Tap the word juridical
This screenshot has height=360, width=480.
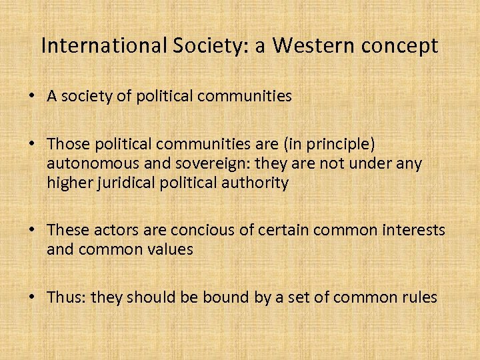(x=123, y=183)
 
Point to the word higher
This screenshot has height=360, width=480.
(x=67, y=183)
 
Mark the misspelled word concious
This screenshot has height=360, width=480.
(x=199, y=231)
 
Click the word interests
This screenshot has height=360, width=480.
(x=412, y=231)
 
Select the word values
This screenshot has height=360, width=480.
(x=171, y=249)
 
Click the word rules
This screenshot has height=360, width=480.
(x=418, y=297)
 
